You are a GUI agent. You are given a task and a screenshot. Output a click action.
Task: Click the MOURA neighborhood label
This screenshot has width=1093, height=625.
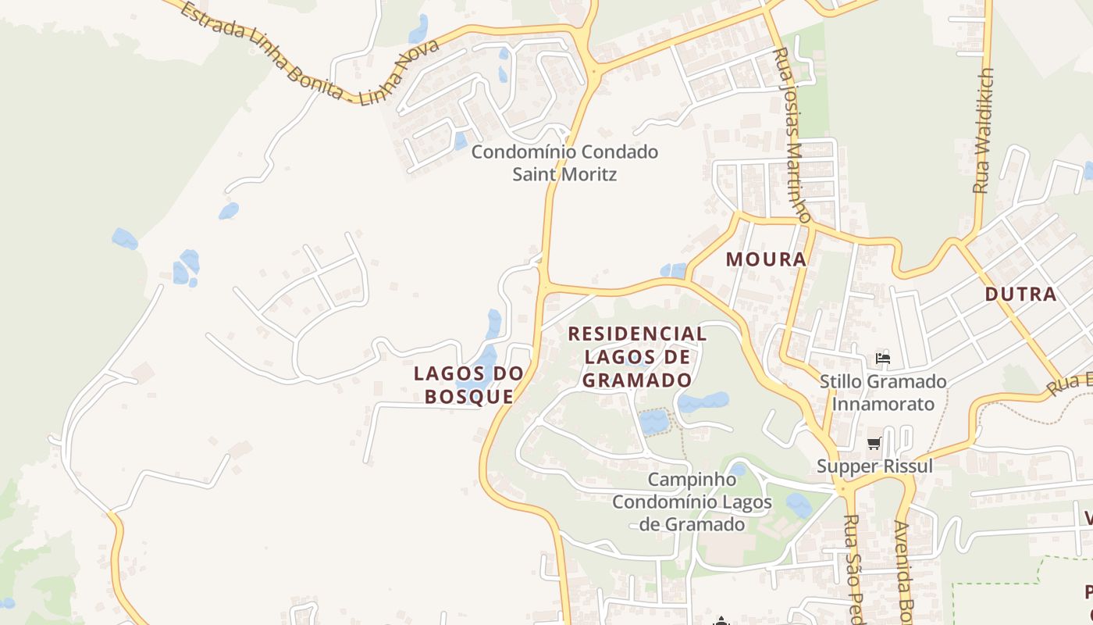tap(766, 259)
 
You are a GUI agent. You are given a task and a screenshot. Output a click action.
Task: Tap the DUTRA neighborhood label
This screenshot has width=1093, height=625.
tap(1020, 295)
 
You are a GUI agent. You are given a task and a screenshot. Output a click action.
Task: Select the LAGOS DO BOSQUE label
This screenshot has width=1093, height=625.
tap(468, 384)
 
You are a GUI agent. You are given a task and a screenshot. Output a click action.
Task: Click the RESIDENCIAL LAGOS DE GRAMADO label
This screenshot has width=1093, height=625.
tap(637, 357)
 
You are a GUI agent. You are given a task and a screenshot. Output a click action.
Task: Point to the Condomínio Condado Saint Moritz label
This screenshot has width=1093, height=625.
tap(564, 162)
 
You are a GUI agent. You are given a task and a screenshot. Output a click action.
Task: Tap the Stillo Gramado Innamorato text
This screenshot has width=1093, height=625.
tap(883, 393)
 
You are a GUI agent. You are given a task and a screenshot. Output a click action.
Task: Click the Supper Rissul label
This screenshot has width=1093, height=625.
tap(874, 466)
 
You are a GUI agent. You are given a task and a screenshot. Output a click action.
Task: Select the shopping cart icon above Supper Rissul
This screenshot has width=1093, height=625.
tap(874, 444)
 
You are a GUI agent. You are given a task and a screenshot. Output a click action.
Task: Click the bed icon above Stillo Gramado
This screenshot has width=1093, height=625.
tap(883, 359)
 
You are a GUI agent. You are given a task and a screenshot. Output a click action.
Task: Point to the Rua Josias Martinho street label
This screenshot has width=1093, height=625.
tap(793, 133)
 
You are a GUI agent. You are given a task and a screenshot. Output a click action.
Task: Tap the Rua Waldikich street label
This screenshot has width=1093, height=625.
tap(982, 131)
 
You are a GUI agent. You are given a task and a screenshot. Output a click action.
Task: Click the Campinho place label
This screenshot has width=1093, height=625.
tap(692, 479)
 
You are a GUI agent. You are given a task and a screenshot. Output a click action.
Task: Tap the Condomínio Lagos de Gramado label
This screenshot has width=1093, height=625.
tap(692, 512)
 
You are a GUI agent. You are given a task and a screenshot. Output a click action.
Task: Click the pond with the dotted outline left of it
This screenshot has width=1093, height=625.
tap(653, 422)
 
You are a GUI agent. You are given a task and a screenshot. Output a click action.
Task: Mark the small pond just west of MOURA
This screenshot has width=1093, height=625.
tap(673, 270)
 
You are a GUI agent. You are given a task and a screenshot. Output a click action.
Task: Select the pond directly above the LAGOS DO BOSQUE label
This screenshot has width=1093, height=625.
tap(493, 323)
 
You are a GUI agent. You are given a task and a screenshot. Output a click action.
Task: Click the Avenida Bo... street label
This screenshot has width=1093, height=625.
tap(904, 570)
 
